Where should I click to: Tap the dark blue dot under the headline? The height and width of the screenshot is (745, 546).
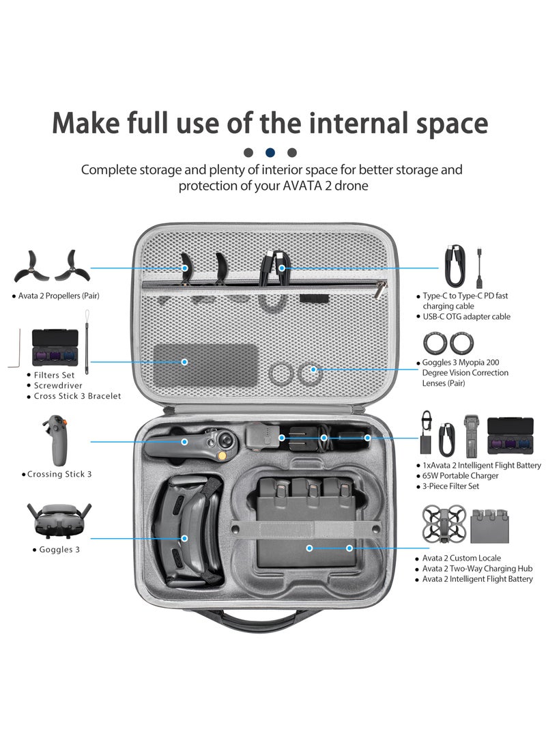(x=271, y=152)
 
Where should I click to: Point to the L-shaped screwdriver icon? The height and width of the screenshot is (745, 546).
(x=14, y=349)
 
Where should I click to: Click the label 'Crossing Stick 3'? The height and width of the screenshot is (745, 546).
(x=59, y=473)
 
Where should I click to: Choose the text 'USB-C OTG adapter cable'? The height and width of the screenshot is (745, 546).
(x=466, y=316)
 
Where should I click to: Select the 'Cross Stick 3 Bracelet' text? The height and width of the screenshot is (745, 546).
(x=78, y=395)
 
